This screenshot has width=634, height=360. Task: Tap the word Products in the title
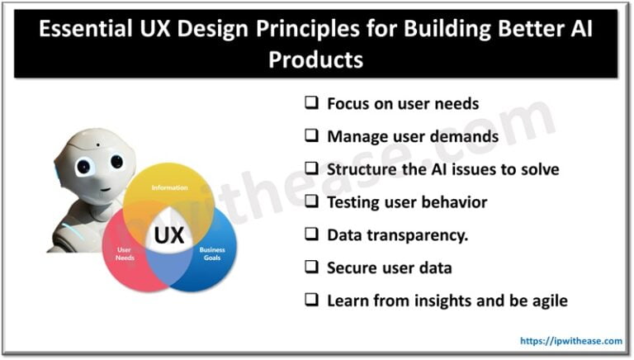click(x=317, y=61)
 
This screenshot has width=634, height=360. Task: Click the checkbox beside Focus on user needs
click(x=311, y=104)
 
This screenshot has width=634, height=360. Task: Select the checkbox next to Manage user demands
click(x=311, y=136)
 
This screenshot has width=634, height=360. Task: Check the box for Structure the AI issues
click(x=311, y=169)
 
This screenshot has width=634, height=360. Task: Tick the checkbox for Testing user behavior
click(x=311, y=202)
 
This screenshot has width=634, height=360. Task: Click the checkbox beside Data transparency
click(x=311, y=234)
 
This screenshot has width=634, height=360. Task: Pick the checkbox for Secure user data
click(x=311, y=268)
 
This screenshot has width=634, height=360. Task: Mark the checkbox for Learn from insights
click(x=311, y=301)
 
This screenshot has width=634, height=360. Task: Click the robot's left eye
click(x=82, y=166)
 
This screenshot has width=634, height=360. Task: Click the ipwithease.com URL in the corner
click(x=570, y=340)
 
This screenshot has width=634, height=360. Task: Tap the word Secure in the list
click(x=352, y=268)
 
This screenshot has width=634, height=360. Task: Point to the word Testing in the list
click(x=355, y=202)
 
